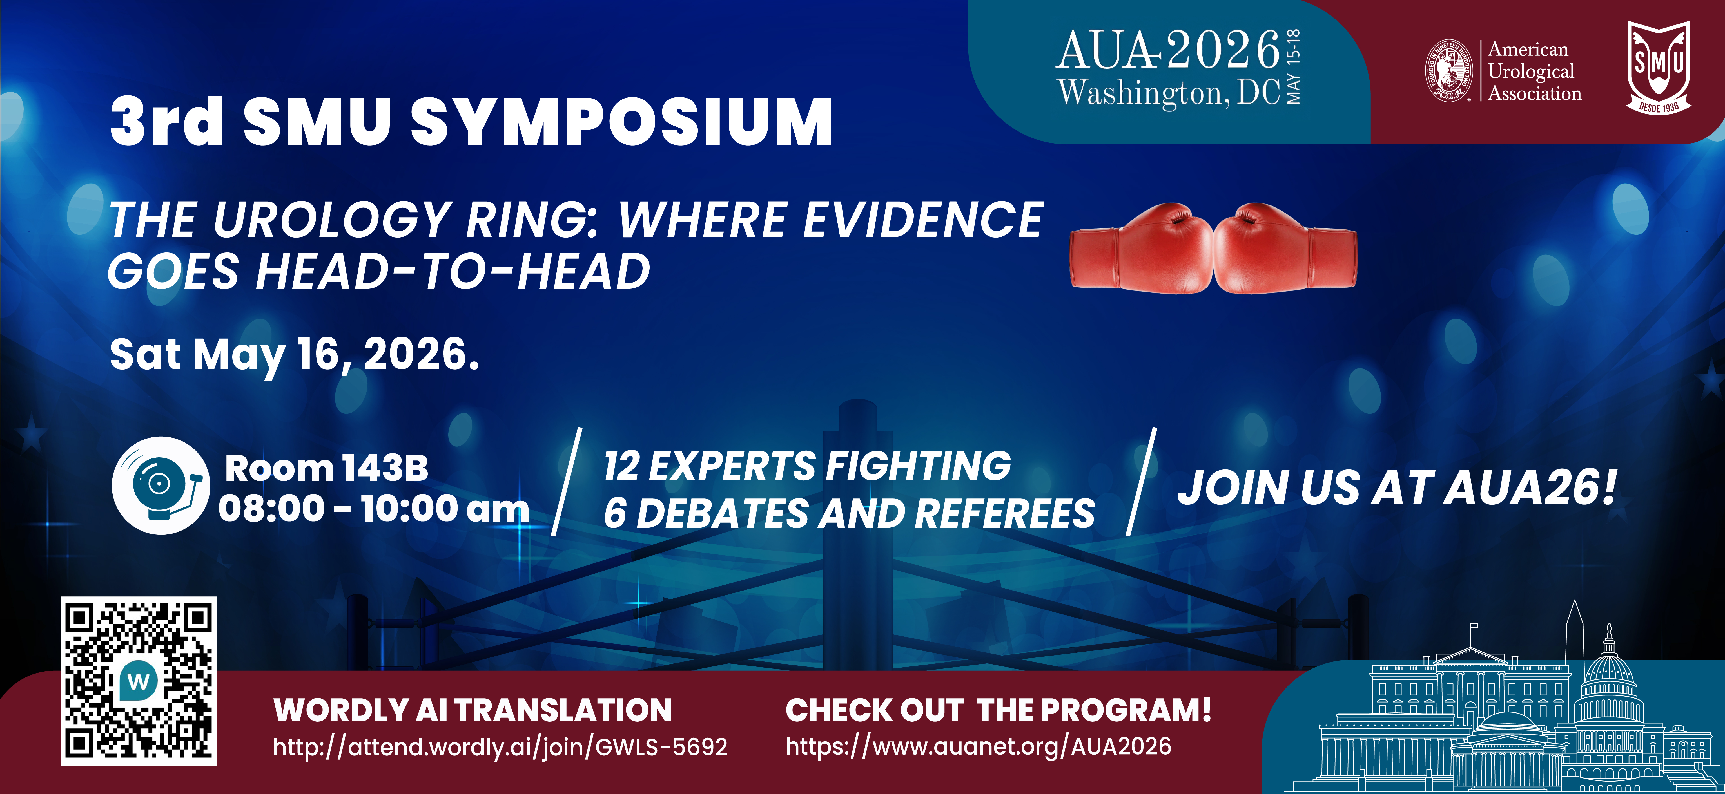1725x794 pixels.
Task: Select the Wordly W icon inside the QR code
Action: (139, 681)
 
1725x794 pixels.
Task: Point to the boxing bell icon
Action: (161, 485)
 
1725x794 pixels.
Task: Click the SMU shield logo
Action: (1659, 67)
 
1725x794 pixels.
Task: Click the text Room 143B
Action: (326, 468)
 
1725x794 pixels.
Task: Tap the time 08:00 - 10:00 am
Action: (373, 509)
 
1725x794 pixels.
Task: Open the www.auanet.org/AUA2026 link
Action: (978, 746)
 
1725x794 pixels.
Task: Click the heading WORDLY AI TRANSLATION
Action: (473, 710)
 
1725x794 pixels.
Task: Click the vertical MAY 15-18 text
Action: (1294, 67)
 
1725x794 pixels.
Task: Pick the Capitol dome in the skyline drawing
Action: (1609, 673)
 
